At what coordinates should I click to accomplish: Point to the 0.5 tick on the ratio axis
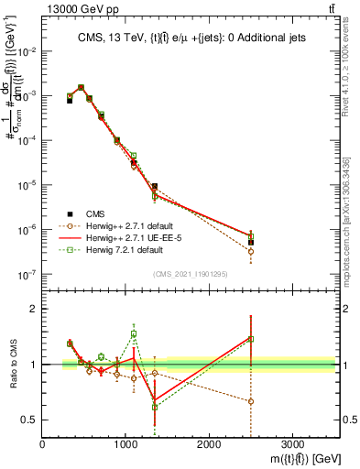coord(30,420)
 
